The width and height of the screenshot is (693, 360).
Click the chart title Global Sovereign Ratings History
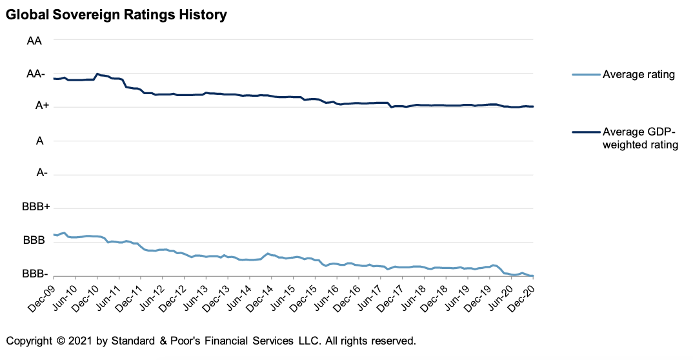[x=116, y=14]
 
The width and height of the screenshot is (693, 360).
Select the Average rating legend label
[x=638, y=75]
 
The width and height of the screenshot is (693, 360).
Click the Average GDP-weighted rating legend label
[x=639, y=138]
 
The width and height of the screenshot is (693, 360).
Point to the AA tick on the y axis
[x=34, y=41]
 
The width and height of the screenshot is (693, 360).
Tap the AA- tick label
[x=35, y=74]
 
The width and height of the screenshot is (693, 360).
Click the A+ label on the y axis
[x=35, y=107]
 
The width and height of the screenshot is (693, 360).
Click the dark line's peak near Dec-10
[x=97, y=74]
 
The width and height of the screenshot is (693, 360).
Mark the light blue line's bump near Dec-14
[x=268, y=254]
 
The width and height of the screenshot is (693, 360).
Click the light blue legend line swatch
[x=585, y=75]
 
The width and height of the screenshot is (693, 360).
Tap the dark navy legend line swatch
[x=585, y=132]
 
